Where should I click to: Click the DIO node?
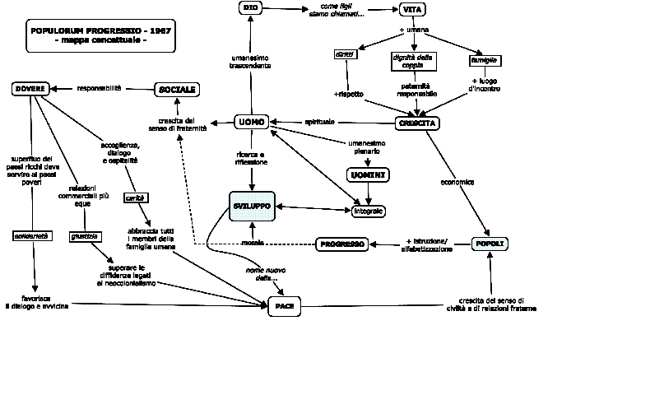pyautogui.click(x=251, y=8)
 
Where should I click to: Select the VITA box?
pyautogui.click(x=411, y=10)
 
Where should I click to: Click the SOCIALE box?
pyautogui.click(x=177, y=89)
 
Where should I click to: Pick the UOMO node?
pyautogui.click(x=250, y=122)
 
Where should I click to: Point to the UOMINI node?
pyautogui.click(x=368, y=176)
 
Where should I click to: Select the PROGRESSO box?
pyautogui.click(x=341, y=244)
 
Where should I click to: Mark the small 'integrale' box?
pyautogui.click(x=368, y=211)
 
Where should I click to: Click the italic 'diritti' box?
pyautogui.click(x=344, y=54)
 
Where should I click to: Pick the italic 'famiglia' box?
pyautogui.click(x=485, y=61)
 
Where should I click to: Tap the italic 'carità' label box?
pyautogui.click(x=136, y=197)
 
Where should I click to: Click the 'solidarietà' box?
pyautogui.click(x=33, y=236)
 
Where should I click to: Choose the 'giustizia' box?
pyautogui.click(x=85, y=236)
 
